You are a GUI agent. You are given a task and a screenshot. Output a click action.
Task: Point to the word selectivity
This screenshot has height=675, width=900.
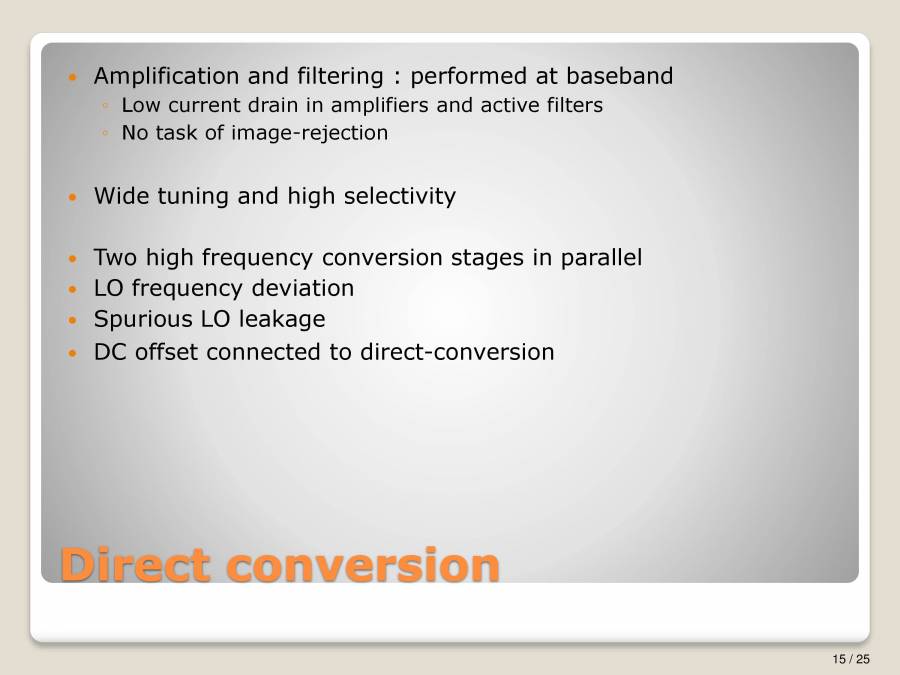click(399, 196)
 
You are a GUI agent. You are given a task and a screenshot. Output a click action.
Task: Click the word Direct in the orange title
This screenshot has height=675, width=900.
click(135, 564)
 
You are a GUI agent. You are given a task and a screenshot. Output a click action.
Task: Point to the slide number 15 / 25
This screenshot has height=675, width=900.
click(851, 658)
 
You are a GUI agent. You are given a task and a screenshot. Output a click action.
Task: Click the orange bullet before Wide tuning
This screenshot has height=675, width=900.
click(70, 197)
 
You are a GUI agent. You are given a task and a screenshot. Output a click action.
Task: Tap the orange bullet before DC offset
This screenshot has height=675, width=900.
click(70, 353)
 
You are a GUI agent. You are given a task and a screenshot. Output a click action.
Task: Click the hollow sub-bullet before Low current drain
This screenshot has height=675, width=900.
click(105, 106)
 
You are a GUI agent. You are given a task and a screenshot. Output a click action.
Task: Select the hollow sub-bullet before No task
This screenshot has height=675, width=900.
click(105, 134)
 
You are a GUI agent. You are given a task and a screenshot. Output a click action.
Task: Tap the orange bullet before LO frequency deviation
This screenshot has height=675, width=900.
click(70, 290)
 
